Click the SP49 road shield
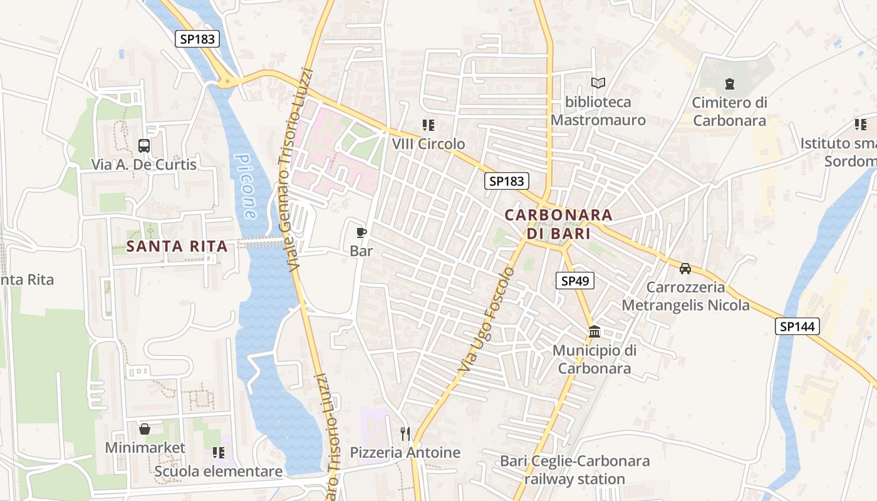click(574, 281)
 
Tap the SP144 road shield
click(797, 326)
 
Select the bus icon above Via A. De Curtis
click(144, 146)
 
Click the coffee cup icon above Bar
click(361, 233)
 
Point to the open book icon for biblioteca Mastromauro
click(598, 83)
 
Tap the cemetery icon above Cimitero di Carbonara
click(729, 83)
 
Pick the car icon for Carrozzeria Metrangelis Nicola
click(685, 269)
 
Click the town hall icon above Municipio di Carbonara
click(594, 331)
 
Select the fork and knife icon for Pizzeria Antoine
click(405, 433)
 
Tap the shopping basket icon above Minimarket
click(145, 429)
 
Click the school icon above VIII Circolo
click(428, 125)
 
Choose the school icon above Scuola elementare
click(218, 452)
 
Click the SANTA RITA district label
click(177, 246)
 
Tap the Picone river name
click(245, 187)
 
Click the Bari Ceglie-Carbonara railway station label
click(574, 470)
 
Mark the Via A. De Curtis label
click(144, 165)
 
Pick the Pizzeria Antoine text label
click(405, 452)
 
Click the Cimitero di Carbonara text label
click(729, 111)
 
